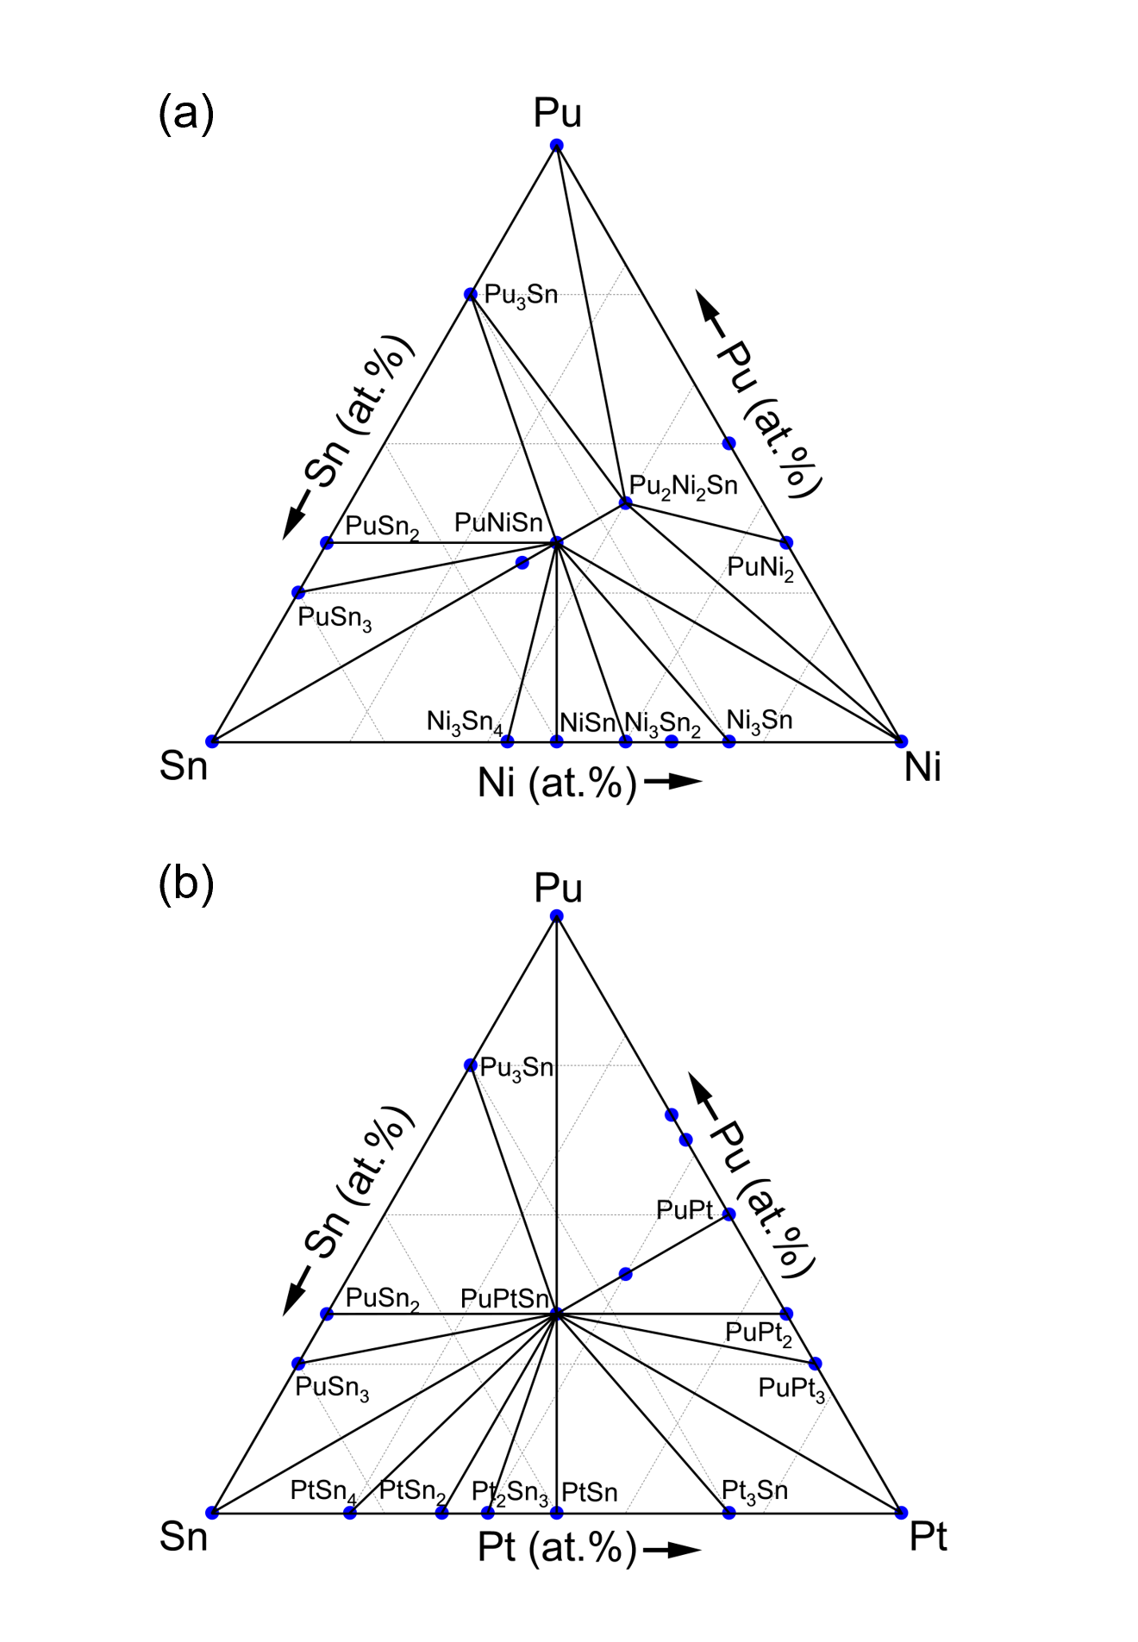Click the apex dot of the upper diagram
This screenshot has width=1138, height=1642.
pyautogui.click(x=557, y=145)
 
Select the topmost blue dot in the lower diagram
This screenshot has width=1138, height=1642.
pyautogui.click(x=557, y=915)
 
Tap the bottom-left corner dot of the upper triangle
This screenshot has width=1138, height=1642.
pyautogui.click(x=212, y=741)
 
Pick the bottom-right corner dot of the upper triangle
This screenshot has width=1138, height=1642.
pyautogui.click(x=901, y=741)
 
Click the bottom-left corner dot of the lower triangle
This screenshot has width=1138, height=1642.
pyautogui.click(x=212, y=1512)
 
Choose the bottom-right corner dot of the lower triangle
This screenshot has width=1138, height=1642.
pyautogui.click(x=901, y=1512)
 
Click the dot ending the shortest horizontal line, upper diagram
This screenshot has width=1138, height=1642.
pyautogui.click(x=471, y=295)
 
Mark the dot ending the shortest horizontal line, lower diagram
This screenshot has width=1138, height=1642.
pyautogui.click(x=471, y=1065)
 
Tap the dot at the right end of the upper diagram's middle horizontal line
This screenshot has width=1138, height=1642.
pyautogui.click(x=728, y=444)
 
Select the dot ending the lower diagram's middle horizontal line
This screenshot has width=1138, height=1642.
pyautogui.click(x=728, y=1214)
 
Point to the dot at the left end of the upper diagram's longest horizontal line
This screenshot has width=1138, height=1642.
pyautogui.click(x=298, y=593)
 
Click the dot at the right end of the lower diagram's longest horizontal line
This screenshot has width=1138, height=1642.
pyautogui.click(x=815, y=1364)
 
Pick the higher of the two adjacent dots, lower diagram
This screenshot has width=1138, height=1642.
pyautogui.click(x=672, y=1115)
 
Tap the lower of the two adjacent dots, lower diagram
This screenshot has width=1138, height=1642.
pyautogui.click(x=686, y=1140)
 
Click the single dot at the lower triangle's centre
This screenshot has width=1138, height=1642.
pyautogui.click(x=557, y=1314)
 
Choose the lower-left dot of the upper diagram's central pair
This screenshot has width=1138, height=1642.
pyautogui.click(x=522, y=563)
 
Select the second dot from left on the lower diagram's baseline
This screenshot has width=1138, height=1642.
pyautogui.click(x=350, y=1512)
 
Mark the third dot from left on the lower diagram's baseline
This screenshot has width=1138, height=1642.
pyautogui.click(x=441, y=1512)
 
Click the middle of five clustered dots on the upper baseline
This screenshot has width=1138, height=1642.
pyautogui.click(x=626, y=741)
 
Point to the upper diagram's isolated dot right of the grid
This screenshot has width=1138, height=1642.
pyautogui.click(x=786, y=543)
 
